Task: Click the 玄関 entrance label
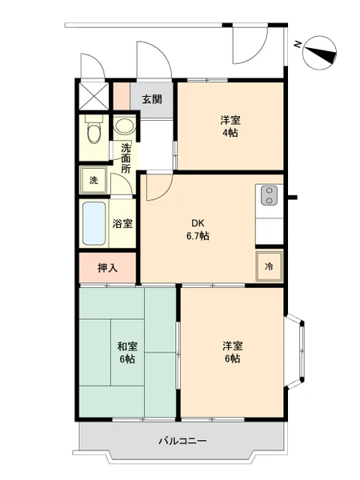tap(152, 99)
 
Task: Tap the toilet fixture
tap(94, 129)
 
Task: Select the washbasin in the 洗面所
tap(125, 126)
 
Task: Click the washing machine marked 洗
tap(94, 180)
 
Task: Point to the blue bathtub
tap(94, 223)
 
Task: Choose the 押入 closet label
tap(107, 268)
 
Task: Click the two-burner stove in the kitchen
tap(270, 195)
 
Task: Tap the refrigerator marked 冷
tap(270, 266)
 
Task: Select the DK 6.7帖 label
tap(198, 230)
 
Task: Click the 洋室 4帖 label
tap(230, 126)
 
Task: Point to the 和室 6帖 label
tap(127, 353)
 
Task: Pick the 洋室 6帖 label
tap(233, 352)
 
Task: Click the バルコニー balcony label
tap(182, 441)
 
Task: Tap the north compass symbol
tap(319, 53)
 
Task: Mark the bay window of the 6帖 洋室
tap(295, 351)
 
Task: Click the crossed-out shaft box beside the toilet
tap(94, 95)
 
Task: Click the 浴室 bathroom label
tap(122, 224)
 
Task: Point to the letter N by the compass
tap(298, 45)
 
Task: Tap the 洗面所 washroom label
tap(126, 158)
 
